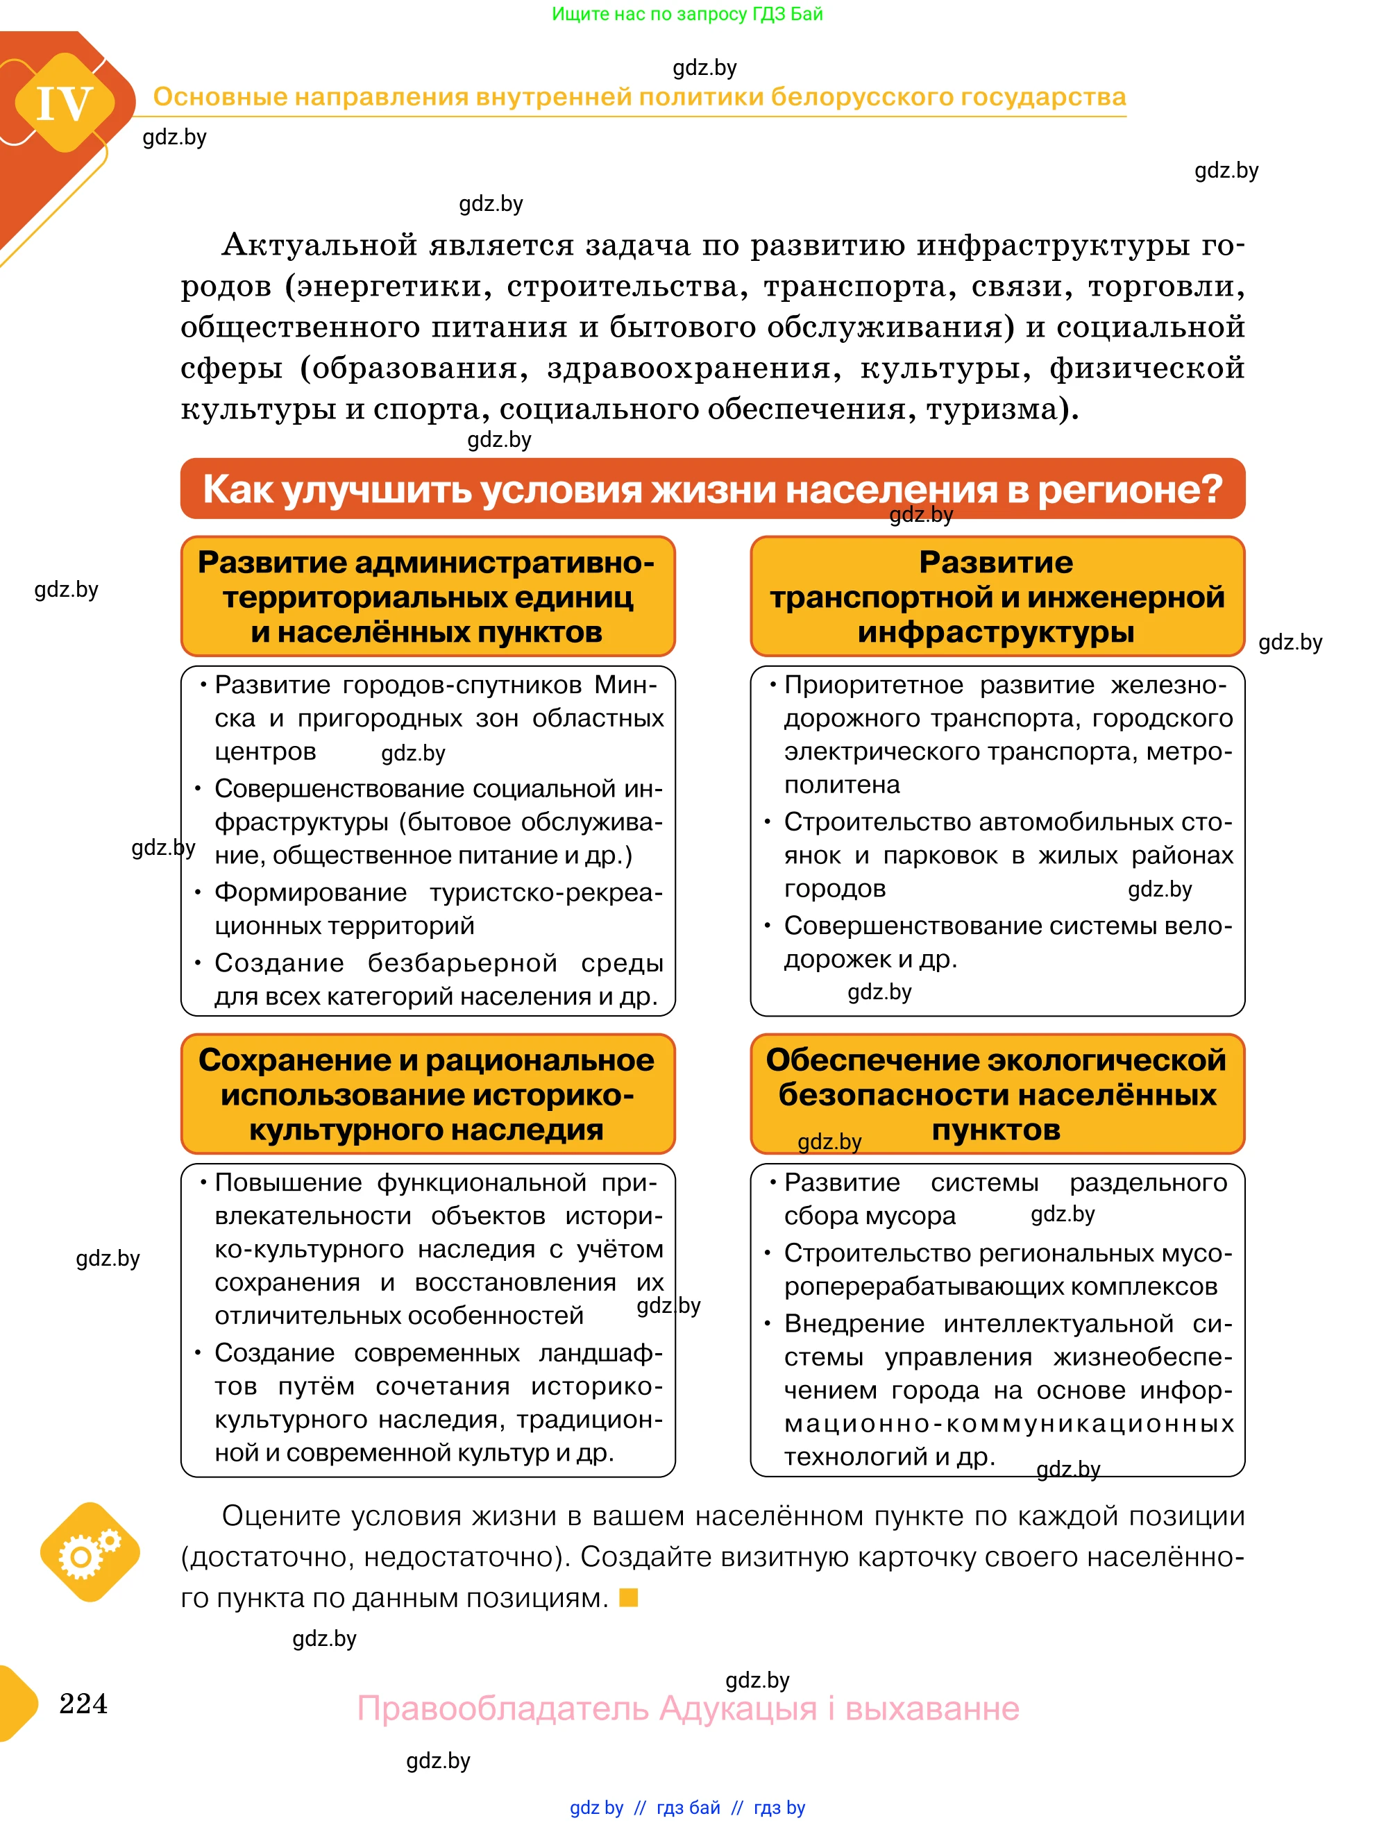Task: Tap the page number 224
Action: point(83,1703)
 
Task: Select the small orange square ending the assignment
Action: point(629,1597)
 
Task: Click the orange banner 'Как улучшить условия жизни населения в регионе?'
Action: point(712,489)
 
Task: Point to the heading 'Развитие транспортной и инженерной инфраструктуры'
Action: point(997,597)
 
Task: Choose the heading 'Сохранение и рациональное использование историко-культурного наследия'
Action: point(428,1094)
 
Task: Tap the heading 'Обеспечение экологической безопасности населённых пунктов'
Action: point(997,1094)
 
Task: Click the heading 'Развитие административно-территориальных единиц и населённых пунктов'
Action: point(428,597)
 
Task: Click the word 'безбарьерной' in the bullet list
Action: point(462,963)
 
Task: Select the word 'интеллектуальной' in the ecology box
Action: point(1058,1323)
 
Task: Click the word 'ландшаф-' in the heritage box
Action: point(600,1353)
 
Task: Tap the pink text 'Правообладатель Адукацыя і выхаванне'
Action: point(688,1708)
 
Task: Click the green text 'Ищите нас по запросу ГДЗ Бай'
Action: point(687,14)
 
